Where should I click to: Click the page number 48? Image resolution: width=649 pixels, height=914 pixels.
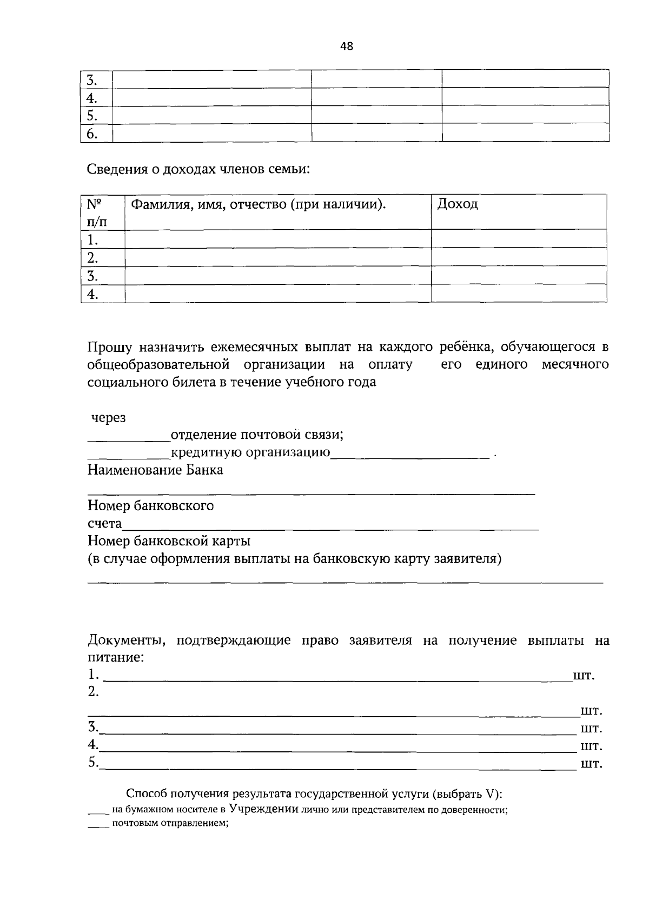pos(346,46)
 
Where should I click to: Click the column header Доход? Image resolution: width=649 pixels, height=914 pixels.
pos(458,204)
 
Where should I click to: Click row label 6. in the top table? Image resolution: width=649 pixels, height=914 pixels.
pos(92,133)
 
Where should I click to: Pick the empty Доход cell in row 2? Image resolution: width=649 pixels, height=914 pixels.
pos(518,257)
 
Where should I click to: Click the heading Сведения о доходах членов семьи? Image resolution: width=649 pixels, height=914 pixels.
pos(199,169)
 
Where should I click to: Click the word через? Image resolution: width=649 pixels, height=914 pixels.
pos(108,418)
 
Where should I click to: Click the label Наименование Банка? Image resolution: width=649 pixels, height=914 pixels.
pos(155,470)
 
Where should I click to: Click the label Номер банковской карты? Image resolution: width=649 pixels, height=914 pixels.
pos(169,541)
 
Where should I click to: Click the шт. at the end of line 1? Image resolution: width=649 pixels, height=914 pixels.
pos(584,676)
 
